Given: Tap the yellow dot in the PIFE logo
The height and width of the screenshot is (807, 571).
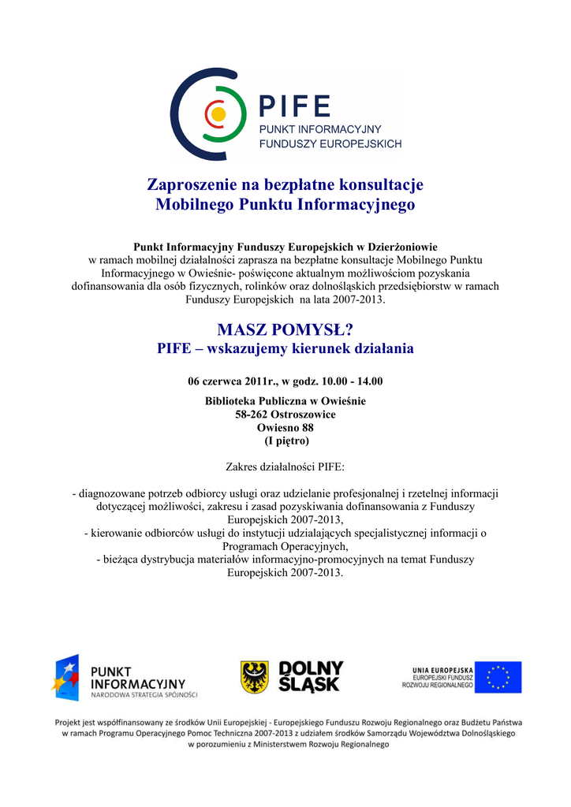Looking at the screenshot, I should (x=218, y=115).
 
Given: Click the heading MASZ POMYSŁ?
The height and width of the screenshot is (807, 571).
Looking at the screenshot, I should (x=285, y=329).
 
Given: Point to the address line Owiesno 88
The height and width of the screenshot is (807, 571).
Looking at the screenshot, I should (x=285, y=428).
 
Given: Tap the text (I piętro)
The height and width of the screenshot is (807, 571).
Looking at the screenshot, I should (x=285, y=441).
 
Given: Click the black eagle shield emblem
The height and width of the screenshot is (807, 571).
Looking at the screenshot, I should (x=254, y=677).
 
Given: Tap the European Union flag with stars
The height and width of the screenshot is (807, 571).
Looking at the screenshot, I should (x=498, y=677).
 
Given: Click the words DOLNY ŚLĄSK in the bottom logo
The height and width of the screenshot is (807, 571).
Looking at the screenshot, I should (x=311, y=677).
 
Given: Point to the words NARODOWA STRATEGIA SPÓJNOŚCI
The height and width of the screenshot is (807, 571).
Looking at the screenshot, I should (x=144, y=695).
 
